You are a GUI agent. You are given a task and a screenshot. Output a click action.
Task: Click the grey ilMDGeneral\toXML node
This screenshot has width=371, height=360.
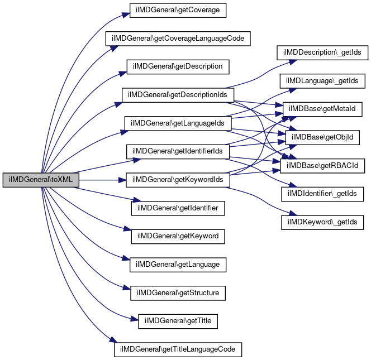41,180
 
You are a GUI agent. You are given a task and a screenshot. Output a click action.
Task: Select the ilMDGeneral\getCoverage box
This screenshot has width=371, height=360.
178,10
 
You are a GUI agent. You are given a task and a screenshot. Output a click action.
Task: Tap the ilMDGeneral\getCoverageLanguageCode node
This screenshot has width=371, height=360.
178,39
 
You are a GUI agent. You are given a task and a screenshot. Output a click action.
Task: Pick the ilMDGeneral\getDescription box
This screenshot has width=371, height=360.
178,66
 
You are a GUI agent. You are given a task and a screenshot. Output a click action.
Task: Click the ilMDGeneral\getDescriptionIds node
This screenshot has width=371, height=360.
178,95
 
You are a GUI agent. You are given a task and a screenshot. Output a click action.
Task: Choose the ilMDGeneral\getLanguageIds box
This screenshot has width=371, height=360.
178,123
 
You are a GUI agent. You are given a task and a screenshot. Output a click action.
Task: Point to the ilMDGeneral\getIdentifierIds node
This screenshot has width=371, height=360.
178,151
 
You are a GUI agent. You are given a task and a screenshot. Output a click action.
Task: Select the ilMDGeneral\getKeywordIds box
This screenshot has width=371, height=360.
178,180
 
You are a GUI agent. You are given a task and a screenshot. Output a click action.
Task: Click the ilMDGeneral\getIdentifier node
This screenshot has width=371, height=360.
178,208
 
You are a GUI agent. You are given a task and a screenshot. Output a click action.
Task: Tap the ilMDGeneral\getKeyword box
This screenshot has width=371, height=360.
178,237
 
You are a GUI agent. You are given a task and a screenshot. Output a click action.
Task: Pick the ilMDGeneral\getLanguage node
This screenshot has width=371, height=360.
178,265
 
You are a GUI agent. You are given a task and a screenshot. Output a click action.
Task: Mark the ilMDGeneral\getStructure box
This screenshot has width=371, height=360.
178,293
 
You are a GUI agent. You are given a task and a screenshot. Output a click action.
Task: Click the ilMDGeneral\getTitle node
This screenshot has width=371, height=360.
178,321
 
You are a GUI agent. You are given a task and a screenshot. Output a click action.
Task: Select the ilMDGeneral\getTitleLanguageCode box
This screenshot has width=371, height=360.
178,349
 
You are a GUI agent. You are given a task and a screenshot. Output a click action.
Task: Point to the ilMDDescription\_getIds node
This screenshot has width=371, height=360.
322,52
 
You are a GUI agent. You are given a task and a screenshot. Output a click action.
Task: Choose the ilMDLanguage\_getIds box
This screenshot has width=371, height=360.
322,81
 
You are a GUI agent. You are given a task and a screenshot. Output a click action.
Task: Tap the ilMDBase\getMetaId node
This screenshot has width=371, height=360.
322,109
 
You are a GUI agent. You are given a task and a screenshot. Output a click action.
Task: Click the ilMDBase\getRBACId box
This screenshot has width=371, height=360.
322,166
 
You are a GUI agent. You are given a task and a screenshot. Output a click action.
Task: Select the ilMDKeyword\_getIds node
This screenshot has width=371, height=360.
322,222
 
